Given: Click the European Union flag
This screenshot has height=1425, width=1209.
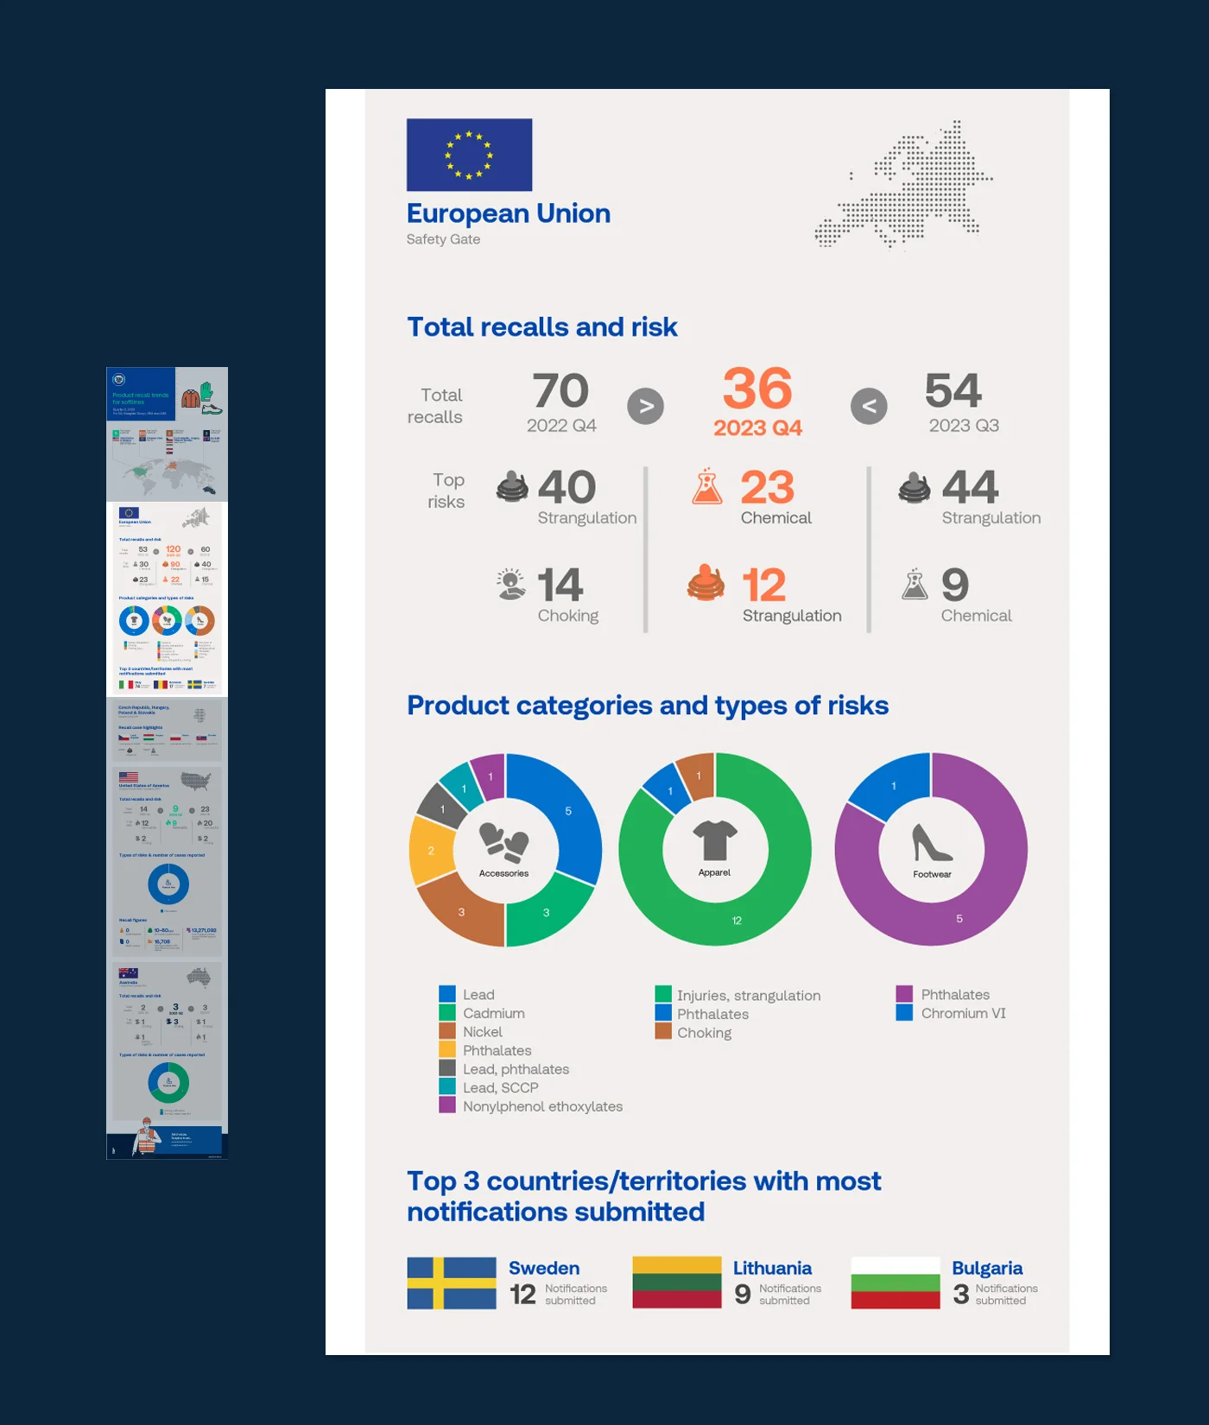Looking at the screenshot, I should click(469, 155).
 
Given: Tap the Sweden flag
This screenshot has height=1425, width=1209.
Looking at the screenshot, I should click(452, 1282).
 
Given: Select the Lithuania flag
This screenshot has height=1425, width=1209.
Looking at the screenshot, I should click(676, 1282).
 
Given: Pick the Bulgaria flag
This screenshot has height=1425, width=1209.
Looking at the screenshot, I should click(895, 1282).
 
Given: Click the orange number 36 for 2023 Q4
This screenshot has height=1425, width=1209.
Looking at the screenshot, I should click(757, 389).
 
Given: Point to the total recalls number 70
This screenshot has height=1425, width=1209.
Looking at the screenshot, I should click(560, 391).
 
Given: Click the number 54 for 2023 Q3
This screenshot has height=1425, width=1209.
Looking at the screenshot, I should click(953, 391).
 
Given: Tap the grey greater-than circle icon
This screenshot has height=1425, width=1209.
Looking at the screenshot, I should click(645, 406).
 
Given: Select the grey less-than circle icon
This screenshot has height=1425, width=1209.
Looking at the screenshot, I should click(869, 406).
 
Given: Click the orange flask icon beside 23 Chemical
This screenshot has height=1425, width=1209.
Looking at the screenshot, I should click(706, 487).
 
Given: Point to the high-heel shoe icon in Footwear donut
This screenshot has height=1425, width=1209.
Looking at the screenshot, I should click(932, 843).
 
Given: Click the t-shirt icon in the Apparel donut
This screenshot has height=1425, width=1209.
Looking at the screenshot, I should click(715, 840).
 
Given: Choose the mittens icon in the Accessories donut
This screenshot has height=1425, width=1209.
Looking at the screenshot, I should click(503, 842).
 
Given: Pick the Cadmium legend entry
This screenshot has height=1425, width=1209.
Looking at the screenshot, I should click(493, 1013).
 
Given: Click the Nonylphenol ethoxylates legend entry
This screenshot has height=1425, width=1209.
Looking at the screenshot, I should click(541, 1106).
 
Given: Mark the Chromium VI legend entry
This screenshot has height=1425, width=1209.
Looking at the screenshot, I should click(962, 1013).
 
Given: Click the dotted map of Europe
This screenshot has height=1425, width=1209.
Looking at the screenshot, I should click(907, 184).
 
